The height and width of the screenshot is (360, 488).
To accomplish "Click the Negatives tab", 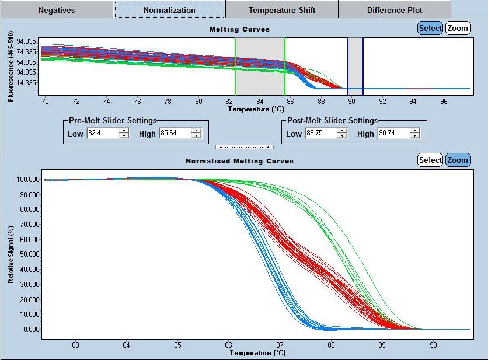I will [x=57, y=10].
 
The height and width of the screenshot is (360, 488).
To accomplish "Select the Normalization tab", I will [x=169, y=10].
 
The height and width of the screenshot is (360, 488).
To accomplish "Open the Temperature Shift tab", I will [x=281, y=10].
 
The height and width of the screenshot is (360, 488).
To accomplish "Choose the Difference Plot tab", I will [x=395, y=10].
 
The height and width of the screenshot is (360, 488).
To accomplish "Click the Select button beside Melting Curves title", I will [x=430, y=28].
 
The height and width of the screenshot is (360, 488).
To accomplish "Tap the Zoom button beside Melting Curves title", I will [x=458, y=28].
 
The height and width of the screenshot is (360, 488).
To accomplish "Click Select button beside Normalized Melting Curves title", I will [x=430, y=160].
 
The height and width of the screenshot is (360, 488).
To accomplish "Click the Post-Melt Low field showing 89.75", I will [x=320, y=134].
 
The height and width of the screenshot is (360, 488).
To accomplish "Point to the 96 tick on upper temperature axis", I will [x=444, y=101].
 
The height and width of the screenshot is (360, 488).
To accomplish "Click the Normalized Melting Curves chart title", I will [x=239, y=160].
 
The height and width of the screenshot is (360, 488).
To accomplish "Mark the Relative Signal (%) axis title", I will [x=11, y=254].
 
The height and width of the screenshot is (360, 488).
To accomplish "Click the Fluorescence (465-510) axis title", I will [x=11, y=65].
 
